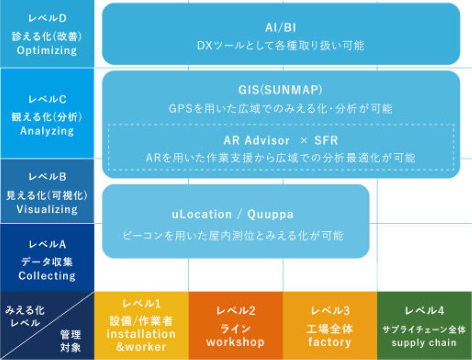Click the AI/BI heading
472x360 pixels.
pos(281,28)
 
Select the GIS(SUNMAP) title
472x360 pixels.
pos(280,90)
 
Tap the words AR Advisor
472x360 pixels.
pos(257,141)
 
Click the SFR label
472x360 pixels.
pos(326,141)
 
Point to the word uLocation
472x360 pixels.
pos(202,214)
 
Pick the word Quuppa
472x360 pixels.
pos(270,215)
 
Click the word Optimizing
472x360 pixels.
pos(47,51)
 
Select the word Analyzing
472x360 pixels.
pos(47,131)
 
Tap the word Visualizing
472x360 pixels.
pos(47,209)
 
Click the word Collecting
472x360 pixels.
pos(47,276)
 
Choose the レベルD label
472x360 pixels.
pos(47,18)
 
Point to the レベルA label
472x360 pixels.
pos(47,244)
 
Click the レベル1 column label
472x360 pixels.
pos(141,304)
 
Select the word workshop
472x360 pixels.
pos(236,342)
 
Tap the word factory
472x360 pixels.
pos(330,342)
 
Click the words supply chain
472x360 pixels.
pos(424,343)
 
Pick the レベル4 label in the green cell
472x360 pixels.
pos(424,310)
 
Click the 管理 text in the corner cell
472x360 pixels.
pos(70,334)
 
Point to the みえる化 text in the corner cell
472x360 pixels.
pos(25,310)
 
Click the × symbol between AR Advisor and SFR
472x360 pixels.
pos(304,140)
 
